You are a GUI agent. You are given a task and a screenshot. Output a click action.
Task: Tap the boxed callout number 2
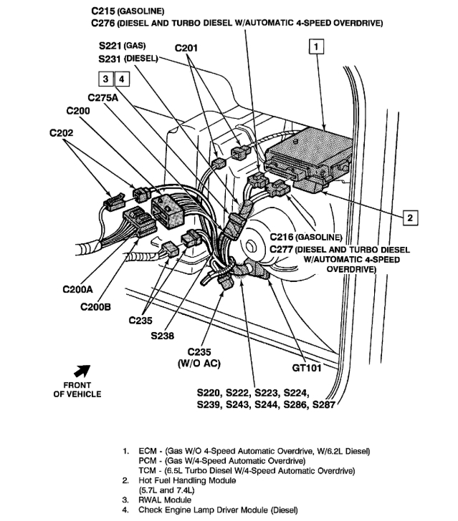point(409,217)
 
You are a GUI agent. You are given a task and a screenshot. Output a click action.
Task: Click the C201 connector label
point(189,49)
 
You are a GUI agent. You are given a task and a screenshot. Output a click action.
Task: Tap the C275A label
point(103,97)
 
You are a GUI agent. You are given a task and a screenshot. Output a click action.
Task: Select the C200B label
point(96,307)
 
